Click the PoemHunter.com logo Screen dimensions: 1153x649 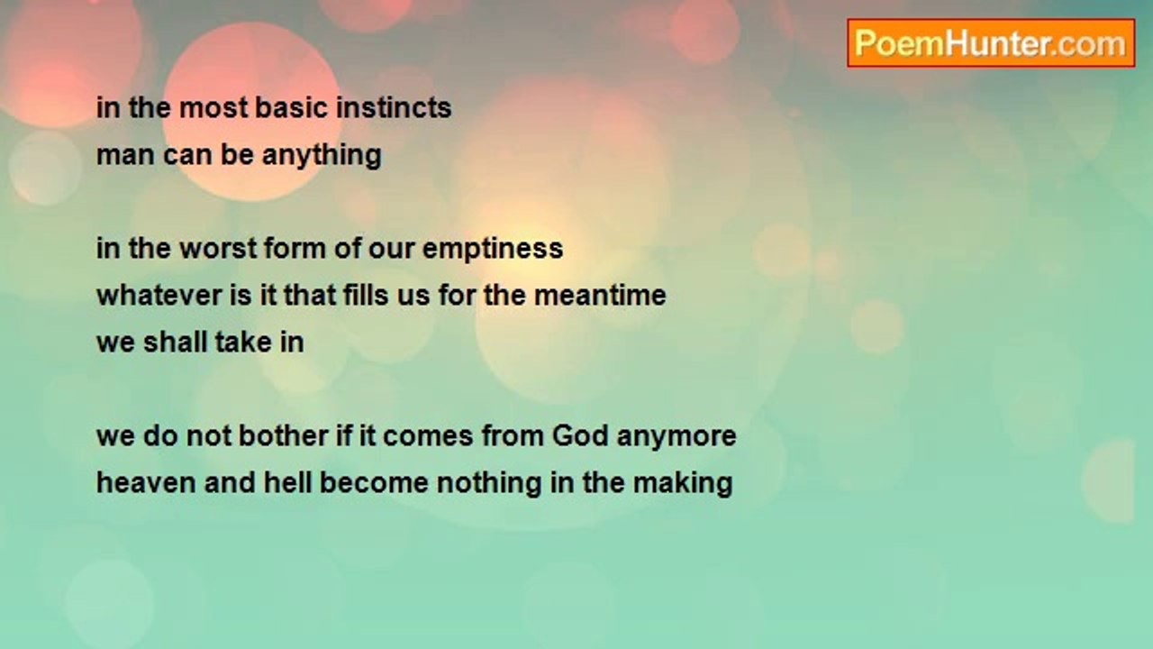[x=991, y=43]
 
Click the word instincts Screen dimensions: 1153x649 [x=394, y=107]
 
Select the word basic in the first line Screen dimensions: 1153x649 [x=291, y=107]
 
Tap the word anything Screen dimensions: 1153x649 [x=322, y=155]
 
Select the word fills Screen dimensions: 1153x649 [x=366, y=295]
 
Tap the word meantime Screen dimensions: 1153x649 [x=600, y=296]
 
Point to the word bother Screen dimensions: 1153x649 [x=283, y=435]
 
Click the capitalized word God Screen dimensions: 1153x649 [x=580, y=435]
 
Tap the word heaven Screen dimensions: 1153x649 [x=146, y=483]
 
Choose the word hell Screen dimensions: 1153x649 [x=287, y=482]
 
